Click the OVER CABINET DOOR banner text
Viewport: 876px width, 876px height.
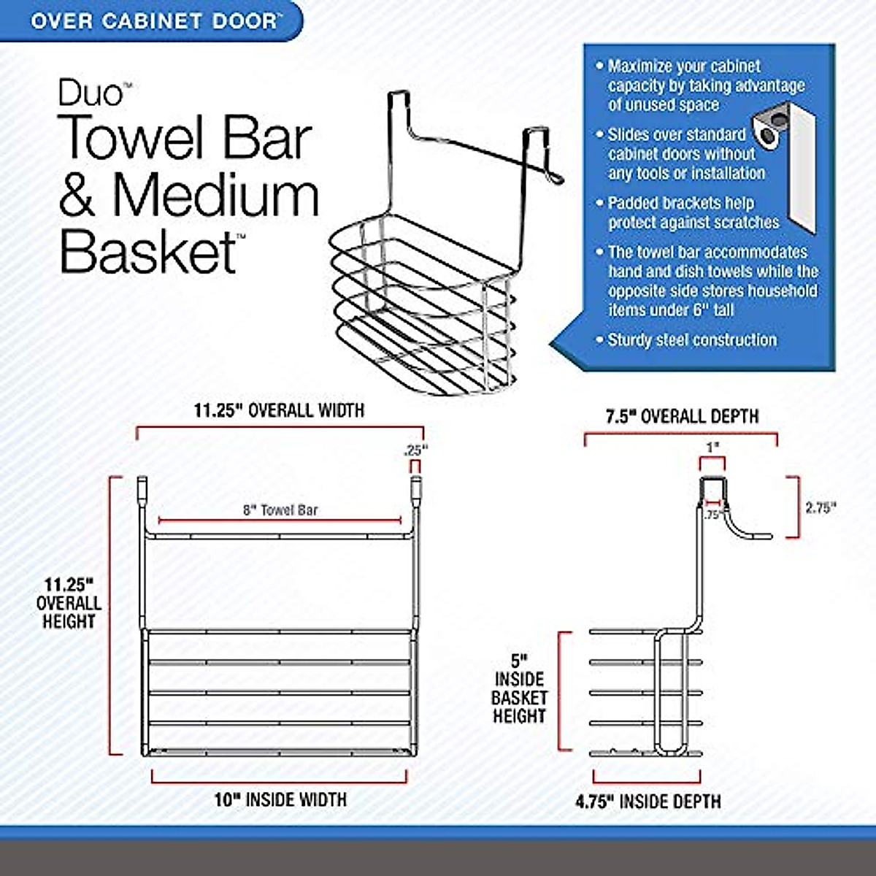click(153, 20)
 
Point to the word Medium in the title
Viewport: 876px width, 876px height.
click(216, 195)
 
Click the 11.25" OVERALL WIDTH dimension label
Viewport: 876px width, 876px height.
click(279, 410)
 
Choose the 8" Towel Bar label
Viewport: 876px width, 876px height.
click(280, 510)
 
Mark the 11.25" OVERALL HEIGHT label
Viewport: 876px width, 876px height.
click(69, 603)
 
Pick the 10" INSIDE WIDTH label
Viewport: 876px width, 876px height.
click(280, 800)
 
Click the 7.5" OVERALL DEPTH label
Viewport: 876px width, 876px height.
click(682, 416)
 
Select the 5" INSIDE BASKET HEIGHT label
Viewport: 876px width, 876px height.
click(519, 688)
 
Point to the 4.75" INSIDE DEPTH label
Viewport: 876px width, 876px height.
click(648, 802)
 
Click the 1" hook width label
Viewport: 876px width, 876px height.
click(712, 446)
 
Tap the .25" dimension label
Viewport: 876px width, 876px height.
click(415, 451)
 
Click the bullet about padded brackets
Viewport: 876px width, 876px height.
click(693, 212)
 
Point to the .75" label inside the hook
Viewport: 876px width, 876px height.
click(713, 514)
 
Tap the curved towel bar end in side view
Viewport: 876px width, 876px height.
click(752, 534)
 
